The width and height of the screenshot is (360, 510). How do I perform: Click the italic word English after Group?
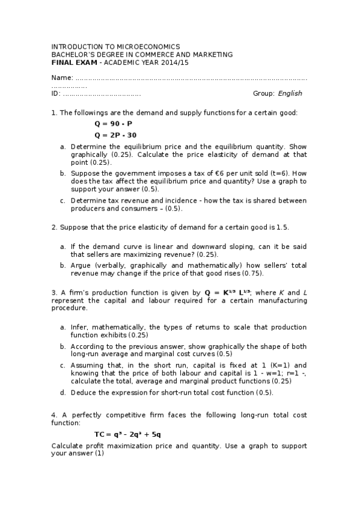pos(290,93)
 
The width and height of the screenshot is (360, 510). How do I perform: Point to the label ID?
pos(56,93)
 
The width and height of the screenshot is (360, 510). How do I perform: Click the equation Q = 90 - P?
pos(113,123)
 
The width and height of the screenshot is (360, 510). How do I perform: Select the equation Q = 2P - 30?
pos(115,135)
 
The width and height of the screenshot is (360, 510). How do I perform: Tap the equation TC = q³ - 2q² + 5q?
pos(127,434)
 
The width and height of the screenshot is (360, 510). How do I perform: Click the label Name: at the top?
pos(62,78)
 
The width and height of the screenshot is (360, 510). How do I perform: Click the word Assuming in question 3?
pos(86,365)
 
